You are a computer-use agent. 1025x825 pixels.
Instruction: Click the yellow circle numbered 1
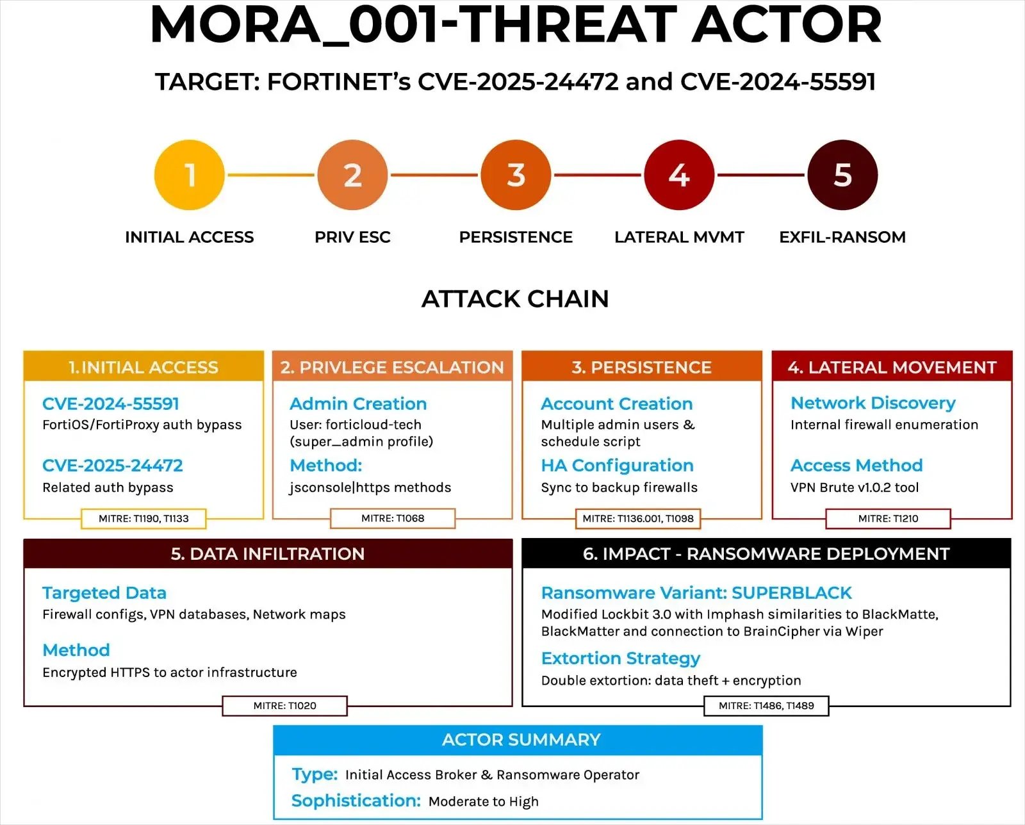coord(189,175)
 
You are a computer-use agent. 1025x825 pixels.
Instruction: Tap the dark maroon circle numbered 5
coord(842,175)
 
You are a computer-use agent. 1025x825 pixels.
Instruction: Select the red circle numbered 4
coord(679,175)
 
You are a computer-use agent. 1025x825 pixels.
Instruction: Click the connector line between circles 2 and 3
coord(434,175)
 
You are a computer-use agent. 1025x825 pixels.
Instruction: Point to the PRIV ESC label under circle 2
coord(352,237)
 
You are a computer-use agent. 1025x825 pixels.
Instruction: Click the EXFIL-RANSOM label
coord(842,237)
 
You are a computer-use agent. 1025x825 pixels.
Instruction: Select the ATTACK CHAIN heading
coord(515,299)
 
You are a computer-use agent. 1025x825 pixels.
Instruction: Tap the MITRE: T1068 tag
coord(393,518)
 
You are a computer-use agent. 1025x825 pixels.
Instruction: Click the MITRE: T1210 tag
coord(888,519)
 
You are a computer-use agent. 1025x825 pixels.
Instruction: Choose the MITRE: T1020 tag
coord(284,705)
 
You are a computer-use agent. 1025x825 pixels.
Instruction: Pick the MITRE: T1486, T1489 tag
coord(766,705)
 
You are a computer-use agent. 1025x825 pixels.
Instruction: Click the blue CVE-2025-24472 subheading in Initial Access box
coord(112,466)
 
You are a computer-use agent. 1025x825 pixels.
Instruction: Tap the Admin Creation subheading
coord(358,404)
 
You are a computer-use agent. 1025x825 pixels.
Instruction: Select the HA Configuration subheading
coord(618,466)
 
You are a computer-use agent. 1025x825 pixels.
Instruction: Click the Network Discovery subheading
coord(873,404)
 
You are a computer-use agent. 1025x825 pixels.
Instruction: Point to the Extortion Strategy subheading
coord(621,658)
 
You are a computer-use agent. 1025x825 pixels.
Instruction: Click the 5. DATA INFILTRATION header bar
coord(268,553)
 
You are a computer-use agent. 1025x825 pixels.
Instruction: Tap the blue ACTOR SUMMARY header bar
coord(518,740)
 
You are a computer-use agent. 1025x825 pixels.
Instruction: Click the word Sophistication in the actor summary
coord(356,801)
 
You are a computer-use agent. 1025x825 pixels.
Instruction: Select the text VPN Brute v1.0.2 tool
coord(855,487)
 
